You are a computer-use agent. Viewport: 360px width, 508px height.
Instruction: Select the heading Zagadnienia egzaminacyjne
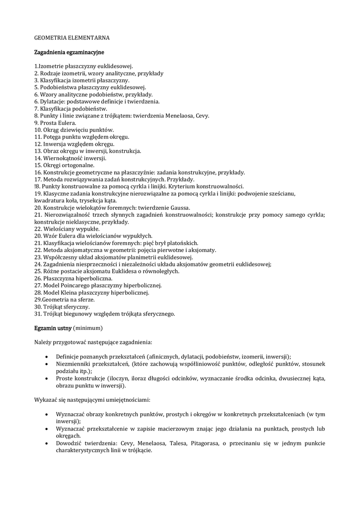(69, 52)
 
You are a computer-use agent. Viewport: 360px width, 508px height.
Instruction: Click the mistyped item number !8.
(38, 186)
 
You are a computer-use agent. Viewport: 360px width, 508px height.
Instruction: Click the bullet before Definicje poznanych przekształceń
(46, 357)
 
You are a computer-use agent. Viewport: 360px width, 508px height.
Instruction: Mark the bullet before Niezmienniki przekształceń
(46, 364)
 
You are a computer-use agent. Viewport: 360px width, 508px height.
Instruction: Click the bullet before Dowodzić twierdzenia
(46, 444)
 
